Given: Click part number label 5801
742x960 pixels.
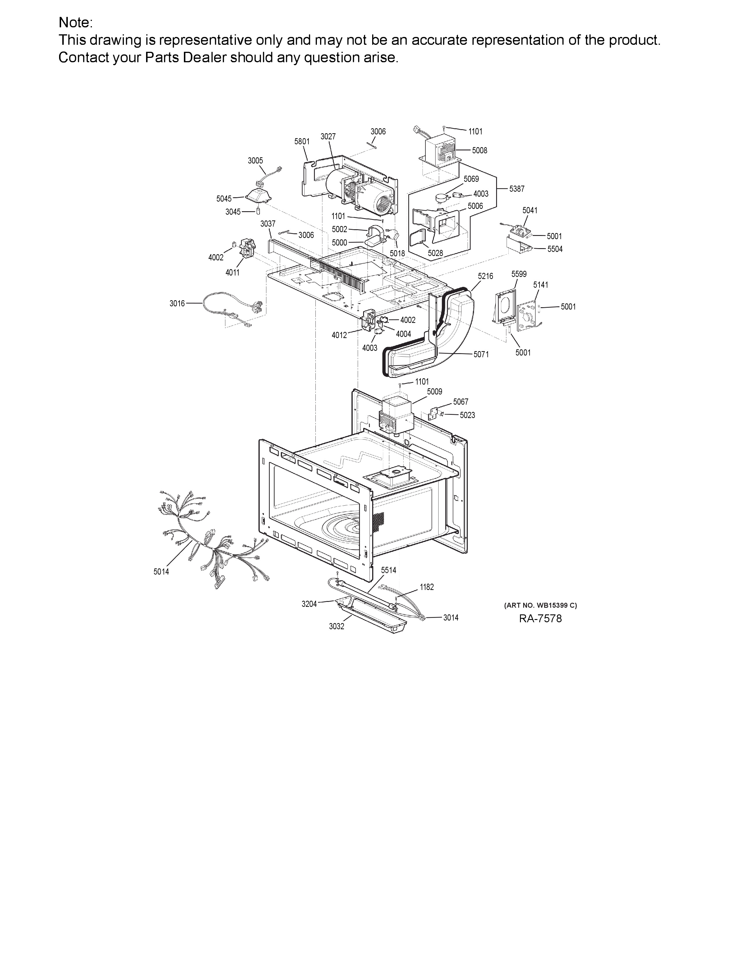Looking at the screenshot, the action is click(x=302, y=142).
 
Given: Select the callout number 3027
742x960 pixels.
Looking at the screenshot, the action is click(x=328, y=137).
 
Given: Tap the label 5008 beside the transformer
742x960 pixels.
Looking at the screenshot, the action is click(x=480, y=150).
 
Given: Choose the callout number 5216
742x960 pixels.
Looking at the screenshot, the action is click(x=485, y=276).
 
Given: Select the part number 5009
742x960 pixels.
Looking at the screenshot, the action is click(x=434, y=392).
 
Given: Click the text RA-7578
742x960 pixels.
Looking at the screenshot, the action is click(x=540, y=618).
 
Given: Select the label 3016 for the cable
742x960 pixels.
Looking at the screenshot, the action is click(x=177, y=303).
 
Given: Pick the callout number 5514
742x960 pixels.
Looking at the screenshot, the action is click(x=388, y=570).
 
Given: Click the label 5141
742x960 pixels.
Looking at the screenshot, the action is click(x=541, y=285).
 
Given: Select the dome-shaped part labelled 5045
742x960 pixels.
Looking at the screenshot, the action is click(x=258, y=195).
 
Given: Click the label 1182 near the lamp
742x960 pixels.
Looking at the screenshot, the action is click(x=427, y=587).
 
